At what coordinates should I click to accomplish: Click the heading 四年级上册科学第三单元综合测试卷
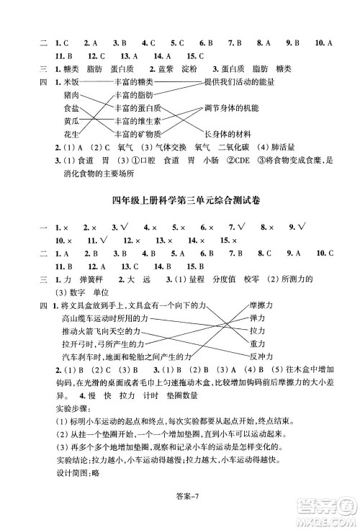point(181,200)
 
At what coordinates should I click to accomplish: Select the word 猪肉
point(71,95)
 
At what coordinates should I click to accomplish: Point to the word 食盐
point(71,108)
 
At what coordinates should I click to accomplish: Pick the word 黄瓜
point(71,121)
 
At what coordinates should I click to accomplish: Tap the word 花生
point(71,134)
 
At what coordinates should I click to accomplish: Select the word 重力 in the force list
point(258,343)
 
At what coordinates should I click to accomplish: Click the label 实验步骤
point(71,408)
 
